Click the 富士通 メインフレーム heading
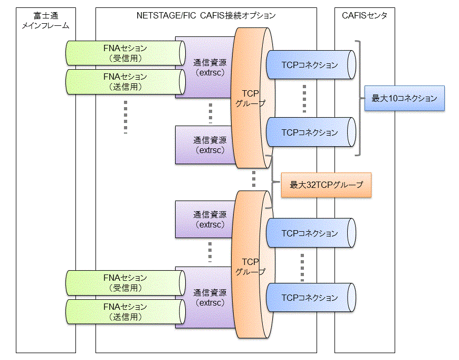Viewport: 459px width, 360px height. pos(46,21)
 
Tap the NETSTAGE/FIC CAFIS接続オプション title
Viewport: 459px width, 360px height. pos(206,15)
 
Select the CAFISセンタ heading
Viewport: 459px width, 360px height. pos(365,15)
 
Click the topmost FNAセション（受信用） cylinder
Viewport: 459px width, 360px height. pos(126,53)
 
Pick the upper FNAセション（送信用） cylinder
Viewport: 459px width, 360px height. pos(126,82)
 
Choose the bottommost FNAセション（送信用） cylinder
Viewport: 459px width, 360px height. pos(126,311)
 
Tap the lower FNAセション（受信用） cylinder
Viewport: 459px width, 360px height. pos(126,283)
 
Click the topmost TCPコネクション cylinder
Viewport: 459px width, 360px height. pos(311,65)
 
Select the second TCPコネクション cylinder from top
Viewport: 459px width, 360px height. pos(311,132)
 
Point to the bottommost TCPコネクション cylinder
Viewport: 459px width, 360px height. pos(311,298)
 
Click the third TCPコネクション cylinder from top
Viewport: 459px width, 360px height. pos(311,233)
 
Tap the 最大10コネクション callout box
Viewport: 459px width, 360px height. pos(405,98)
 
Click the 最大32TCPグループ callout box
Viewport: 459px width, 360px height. pos(326,185)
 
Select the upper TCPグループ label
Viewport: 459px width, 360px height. pos(251,98)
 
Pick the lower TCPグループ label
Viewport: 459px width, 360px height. pos(251,267)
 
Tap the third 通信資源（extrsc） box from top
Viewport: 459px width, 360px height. pos(205,220)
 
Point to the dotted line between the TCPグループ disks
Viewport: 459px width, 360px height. pos(254,179)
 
